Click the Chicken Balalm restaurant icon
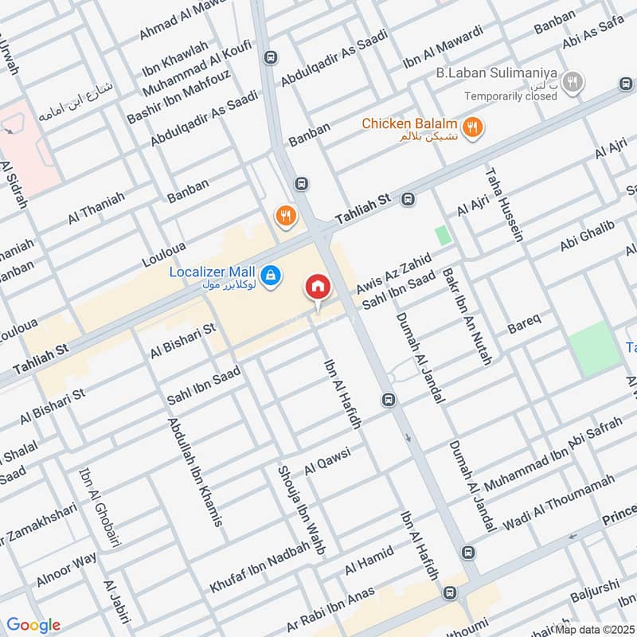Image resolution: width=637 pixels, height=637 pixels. pyautogui.click(x=473, y=127)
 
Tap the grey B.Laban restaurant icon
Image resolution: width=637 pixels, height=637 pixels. pyautogui.click(x=572, y=81)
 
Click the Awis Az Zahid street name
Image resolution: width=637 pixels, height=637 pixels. pyautogui.click(x=394, y=273)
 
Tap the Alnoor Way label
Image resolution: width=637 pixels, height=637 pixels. pyautogui.click(x=68, y=570)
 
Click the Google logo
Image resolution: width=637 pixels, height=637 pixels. pyautogui.click(x=33, y=625)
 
